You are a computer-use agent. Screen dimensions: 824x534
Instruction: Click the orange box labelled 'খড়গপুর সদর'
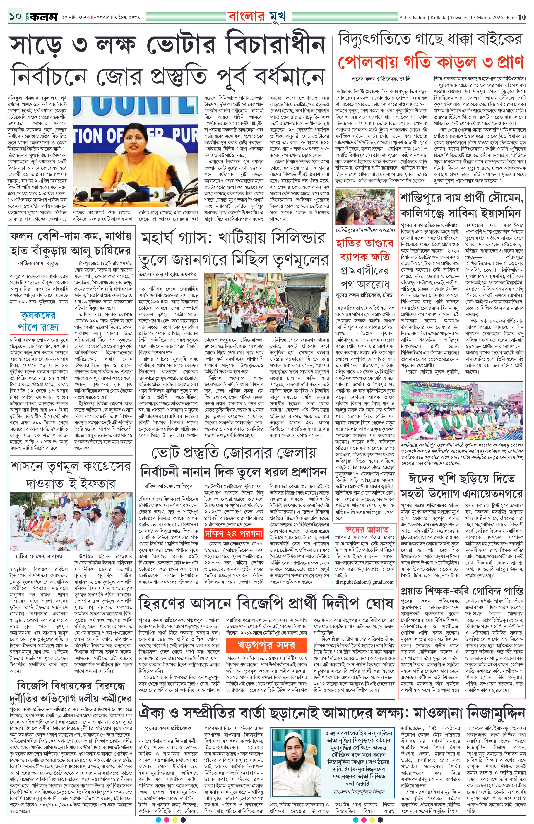coord(266,645)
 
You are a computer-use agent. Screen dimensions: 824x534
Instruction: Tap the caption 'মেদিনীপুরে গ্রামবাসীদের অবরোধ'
coord(365,230)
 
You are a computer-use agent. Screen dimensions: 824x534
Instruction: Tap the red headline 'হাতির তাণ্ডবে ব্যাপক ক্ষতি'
coord(365,250)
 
